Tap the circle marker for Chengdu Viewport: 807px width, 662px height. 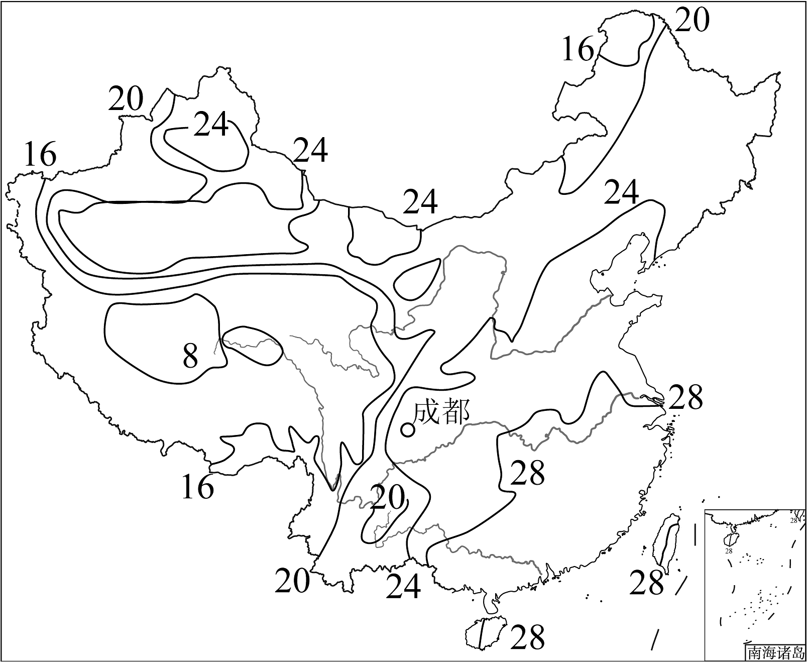click(408, 430)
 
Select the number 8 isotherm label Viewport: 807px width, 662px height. click(190, 356)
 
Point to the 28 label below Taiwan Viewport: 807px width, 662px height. click(647, 583)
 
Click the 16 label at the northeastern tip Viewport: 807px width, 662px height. click(578, 49)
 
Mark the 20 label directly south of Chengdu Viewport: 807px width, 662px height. click(388, 498)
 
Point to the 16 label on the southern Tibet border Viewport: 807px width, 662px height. click(198, 486)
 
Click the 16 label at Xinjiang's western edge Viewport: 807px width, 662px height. click(41, 154)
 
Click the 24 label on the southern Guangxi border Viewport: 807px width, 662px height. click(403, 586)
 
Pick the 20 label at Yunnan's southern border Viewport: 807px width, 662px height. click(292, 581)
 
